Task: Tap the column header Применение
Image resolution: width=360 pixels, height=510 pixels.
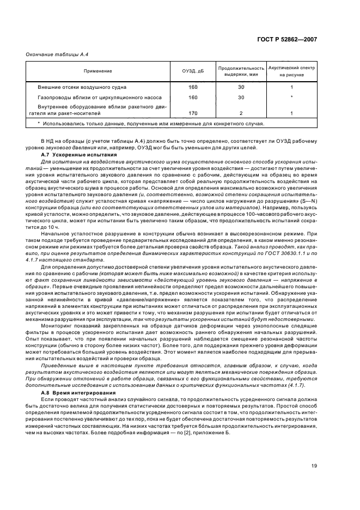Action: (98, 71)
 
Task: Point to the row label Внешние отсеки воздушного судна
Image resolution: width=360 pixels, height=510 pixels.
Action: (82, 87)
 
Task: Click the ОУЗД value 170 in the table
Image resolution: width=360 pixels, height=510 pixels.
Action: (192, 113)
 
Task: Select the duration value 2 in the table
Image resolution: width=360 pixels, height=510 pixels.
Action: (241, 113)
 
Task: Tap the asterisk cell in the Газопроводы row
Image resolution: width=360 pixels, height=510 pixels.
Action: (292, 97)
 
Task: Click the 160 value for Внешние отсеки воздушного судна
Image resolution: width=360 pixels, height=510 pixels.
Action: (192, 87)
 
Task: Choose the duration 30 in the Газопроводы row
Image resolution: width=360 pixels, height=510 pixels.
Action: (241, 97)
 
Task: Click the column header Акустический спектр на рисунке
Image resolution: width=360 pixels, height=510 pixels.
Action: (292, 71)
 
